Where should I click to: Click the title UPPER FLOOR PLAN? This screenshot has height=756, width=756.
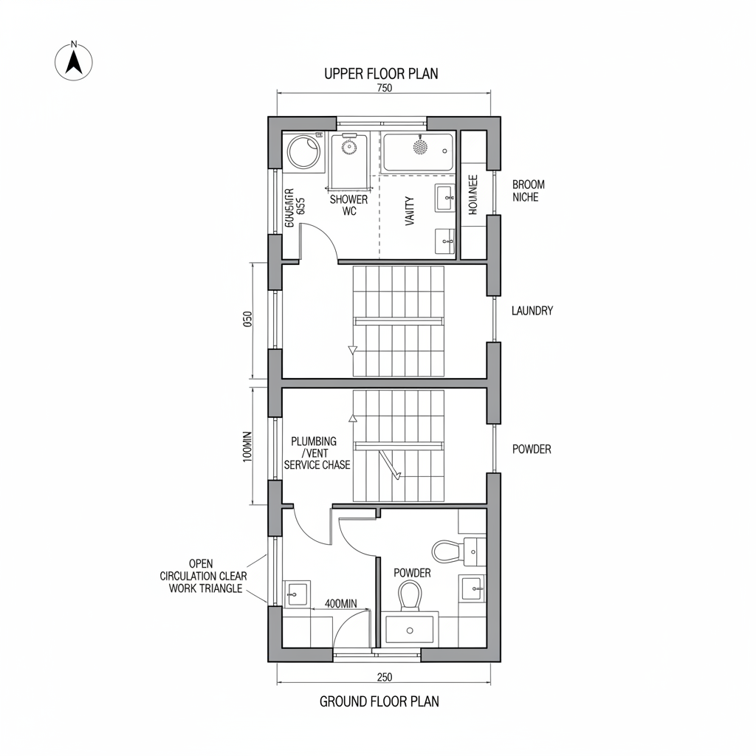click(x=381, y=73)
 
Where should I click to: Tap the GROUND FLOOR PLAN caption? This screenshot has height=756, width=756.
click(x=379, y=701)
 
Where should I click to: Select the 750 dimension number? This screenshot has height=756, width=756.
click(x=384, y=88)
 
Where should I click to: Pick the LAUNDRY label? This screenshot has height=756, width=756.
click(x=532, y=311)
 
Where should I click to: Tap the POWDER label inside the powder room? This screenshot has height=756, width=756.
click(x=412, y=573)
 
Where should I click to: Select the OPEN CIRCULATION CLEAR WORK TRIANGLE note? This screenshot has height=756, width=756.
click(x=203, y=576)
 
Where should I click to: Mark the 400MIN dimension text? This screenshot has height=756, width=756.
click(x=340, y=603)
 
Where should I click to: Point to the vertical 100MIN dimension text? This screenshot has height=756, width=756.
click(x=247, y=446)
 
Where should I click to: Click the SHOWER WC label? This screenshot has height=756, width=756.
click(x=348, y=205)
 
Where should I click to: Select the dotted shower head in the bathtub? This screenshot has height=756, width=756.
click(x=420, y=148)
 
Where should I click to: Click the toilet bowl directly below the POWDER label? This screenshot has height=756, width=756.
click(x=410, y=595)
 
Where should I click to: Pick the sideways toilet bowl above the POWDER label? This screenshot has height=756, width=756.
click(x=448, y=550)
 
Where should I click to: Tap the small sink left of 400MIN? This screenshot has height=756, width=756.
click(x=297, y=592)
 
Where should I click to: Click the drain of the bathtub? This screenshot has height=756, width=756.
click(x=444, y=151)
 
